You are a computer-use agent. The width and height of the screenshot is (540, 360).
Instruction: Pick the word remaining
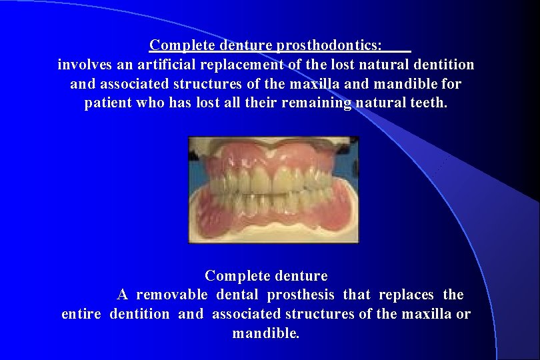317,104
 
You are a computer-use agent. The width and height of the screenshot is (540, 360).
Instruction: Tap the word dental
238,295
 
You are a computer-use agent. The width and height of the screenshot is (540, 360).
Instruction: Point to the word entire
82,314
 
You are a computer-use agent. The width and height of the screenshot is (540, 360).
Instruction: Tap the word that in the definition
358,295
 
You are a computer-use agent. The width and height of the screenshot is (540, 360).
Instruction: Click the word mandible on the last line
265,333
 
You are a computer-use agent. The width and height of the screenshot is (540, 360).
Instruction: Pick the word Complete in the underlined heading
175,45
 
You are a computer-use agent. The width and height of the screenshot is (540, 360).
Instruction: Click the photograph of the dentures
273,189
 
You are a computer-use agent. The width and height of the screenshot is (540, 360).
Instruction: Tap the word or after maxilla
463,314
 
